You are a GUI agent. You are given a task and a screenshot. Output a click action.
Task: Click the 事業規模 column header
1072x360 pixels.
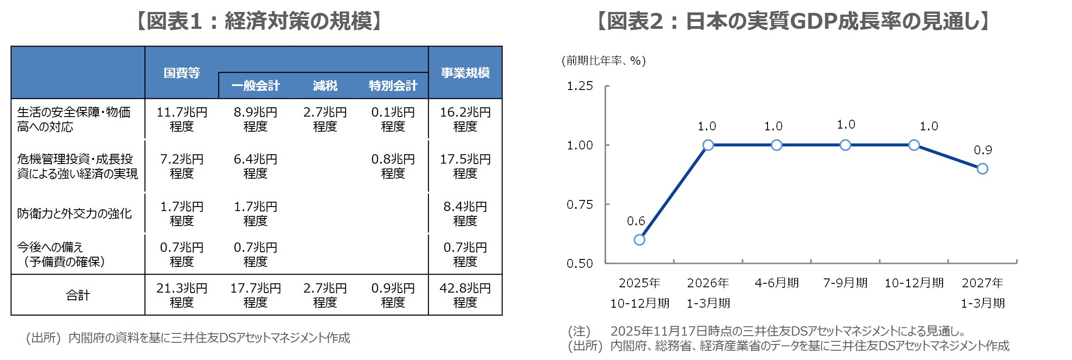point(465,73)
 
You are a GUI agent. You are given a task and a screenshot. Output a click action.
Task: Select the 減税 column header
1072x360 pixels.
point(325,86)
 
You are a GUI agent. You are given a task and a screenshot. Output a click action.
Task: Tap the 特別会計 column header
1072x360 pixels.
point(393,86)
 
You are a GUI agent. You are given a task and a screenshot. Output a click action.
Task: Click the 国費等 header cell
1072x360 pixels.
point(182,73)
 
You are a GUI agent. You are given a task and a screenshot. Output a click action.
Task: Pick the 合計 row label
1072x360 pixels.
point(78,295)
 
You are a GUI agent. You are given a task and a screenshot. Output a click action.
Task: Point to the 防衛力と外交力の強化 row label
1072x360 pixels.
point(74,214)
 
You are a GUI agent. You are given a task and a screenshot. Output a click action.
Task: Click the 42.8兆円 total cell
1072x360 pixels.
point(465,295)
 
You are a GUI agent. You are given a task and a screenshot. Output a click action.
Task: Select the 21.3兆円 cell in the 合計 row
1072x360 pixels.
point(182,295)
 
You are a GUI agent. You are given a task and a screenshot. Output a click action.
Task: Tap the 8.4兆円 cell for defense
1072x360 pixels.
point(465,213)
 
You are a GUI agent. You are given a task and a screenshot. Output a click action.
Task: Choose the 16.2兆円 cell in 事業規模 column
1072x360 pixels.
point(465,119)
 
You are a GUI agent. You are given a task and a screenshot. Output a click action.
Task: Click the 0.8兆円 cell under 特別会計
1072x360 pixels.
point(393,166)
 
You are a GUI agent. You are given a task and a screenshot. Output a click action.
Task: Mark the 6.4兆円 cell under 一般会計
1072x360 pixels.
point(255,166)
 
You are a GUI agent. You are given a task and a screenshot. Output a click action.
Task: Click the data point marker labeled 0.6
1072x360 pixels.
point(639,240)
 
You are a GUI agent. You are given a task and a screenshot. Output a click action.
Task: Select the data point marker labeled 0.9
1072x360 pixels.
point(982,169)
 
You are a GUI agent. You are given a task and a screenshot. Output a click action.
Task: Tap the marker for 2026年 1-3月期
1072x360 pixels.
point(708,145)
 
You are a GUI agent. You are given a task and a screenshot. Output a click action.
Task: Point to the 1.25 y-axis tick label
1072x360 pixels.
point(580,86)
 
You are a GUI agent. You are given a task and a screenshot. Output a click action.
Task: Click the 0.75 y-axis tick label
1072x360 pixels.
point(580,204)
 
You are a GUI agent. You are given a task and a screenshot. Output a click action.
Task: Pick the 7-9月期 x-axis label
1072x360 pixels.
point(845,283)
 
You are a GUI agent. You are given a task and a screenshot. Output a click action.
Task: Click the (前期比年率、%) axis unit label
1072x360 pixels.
point(603,61)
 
